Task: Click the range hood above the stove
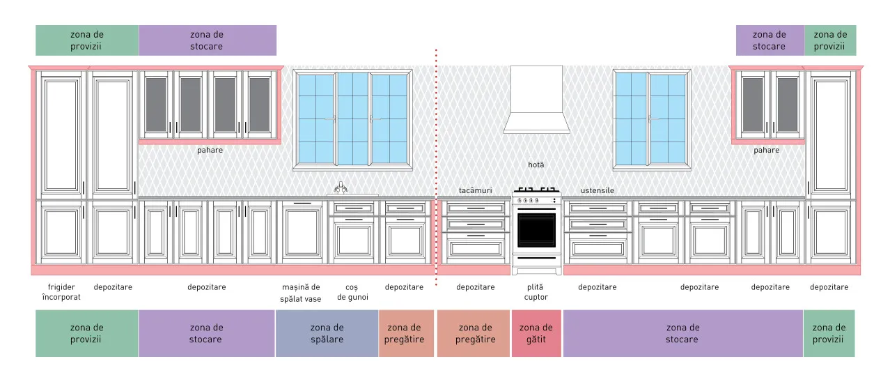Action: coord(536,100)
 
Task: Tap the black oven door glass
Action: coord(536,230)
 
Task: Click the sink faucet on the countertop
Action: coord(341,188)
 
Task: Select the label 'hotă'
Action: coord(536,165)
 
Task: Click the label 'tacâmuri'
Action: coord(475,190)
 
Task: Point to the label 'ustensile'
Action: coord(598,190)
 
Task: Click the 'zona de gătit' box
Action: coord(536,333)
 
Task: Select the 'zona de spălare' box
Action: coord(327,333)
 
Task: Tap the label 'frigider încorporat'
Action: coord(61,292)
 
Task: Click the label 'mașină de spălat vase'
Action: coord(301,293)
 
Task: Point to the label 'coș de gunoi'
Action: coord(352,292)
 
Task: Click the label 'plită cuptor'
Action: coord(536,292)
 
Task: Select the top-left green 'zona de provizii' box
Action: coord(87,40)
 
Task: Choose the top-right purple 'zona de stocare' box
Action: coord(770,40)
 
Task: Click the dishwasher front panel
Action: coord(302,232)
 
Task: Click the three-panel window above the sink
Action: coord(353,120)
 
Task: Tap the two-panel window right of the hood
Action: coord(652,120)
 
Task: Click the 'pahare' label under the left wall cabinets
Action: coord(210,151)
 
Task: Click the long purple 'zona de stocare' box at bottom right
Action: coord(683,333)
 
